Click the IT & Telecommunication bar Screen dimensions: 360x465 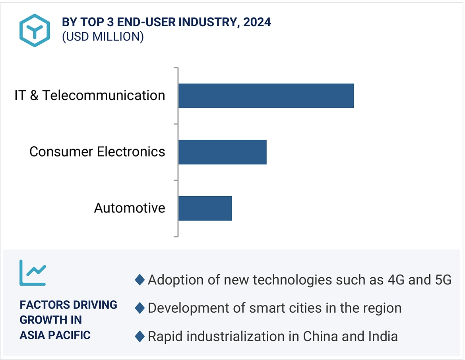point(266,96)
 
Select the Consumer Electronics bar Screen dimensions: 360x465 point(222,152)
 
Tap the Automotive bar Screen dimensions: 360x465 point(205,208)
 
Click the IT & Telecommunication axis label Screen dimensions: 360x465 point(90,96)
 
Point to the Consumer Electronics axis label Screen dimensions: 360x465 point(97,152)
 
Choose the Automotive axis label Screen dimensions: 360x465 point(130,208)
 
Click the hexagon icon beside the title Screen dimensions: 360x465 point(35,31)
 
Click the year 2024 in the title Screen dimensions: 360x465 point(257,22)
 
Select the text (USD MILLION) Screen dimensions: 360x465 point(103,37)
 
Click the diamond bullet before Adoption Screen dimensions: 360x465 point(139,280)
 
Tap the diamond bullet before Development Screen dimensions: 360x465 point(139,308)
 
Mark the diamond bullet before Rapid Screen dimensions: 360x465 point(139,337)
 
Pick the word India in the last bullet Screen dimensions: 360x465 point(383,337)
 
